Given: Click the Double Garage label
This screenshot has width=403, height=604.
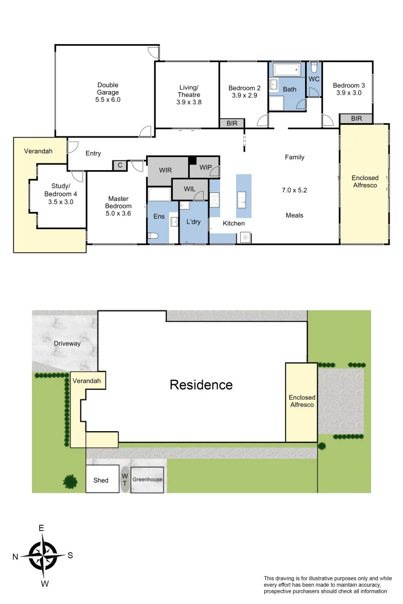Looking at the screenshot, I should click(108, 92).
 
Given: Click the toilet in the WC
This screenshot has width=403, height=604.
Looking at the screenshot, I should click(314, 68).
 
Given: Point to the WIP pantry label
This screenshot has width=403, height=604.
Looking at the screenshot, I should click(205, 167).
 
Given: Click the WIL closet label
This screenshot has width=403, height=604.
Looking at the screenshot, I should click(190, 189).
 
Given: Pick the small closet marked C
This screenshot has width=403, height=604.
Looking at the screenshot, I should click(120, 165).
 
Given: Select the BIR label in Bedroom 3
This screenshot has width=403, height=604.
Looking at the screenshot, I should click(357, 119).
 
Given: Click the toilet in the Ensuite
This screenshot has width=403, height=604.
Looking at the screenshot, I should click(154, 237).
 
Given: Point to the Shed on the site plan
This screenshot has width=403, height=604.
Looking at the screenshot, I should click(101, 480).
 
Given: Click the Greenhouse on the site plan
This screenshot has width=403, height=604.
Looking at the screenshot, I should click(147, 480).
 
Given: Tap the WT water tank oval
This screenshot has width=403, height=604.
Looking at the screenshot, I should click(125, 479).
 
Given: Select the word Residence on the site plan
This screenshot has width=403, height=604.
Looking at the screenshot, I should click(201, 385).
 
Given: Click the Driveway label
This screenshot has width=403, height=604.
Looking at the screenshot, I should click(67, 343).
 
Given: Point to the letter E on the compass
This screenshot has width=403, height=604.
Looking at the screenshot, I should click(41, 528).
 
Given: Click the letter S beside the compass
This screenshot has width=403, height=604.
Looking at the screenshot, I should click(70, 555).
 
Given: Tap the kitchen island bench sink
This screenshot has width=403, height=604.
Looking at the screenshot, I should click(242, 197).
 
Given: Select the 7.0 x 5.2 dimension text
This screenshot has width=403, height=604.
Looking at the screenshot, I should click(294, 190).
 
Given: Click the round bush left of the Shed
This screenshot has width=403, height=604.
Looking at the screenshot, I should click(70, 481).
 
